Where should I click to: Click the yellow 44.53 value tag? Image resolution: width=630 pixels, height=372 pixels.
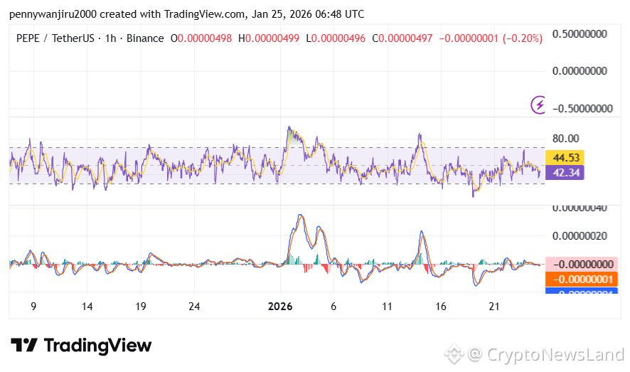(565, 157)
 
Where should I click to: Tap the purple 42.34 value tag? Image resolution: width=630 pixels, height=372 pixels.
(565, 172)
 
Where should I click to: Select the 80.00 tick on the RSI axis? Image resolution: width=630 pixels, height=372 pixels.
(567, 138)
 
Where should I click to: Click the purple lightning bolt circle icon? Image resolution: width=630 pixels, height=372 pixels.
(539, 105)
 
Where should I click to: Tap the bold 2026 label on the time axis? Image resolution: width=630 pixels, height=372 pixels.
(280, 307)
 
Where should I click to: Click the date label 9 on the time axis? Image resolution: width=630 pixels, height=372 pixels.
(33, 307)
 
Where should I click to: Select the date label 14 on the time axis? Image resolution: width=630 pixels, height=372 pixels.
(87, 307)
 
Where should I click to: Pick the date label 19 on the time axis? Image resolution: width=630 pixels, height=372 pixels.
(141, 307)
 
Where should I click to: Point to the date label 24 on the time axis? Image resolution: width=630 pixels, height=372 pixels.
(195, 307)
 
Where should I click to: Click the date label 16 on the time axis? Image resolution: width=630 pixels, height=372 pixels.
(441, 307)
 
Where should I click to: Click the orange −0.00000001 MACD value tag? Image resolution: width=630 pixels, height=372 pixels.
(582, 279)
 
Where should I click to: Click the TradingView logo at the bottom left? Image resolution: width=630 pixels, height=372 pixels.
(81, 346)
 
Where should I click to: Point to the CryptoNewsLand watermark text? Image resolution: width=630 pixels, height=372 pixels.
(555, 354)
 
